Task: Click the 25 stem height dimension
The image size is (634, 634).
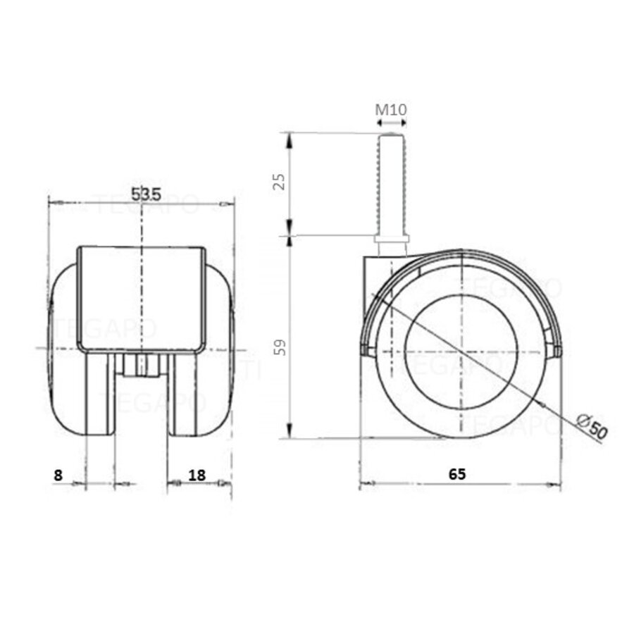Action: pyautogui.click(x=280, y=182)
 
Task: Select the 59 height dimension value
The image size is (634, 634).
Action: pyautogui.click(x=280, y=347)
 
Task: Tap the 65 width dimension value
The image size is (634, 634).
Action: pyautogui.click(x=457, y=474)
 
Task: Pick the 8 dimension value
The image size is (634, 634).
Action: pyautogui.click(x=58, y=475)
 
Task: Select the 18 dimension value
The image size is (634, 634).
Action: pyautogui.click(x=198, y=475)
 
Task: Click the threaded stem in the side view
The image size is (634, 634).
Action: pyautogui.click(x=392, y=183)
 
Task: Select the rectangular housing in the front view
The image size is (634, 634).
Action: pyautogui.click(x=142, y=299)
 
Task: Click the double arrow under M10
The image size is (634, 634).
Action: pyautogui.click(x=392, y=123)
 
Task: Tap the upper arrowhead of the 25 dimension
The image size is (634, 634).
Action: pyautogui.click(x=290, y=138)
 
